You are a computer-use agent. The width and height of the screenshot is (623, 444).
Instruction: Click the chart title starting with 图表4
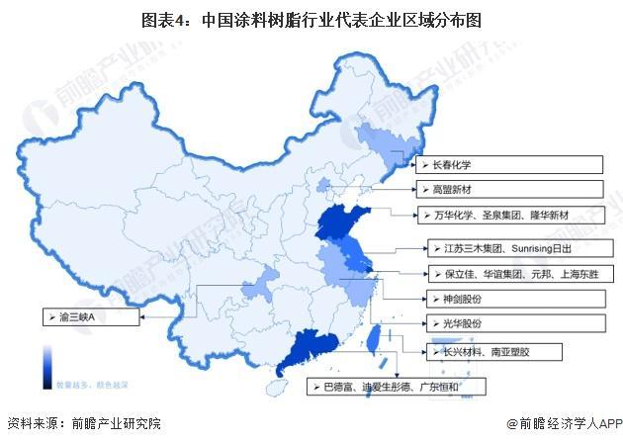pyautogui.click(x=311, y=19)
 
